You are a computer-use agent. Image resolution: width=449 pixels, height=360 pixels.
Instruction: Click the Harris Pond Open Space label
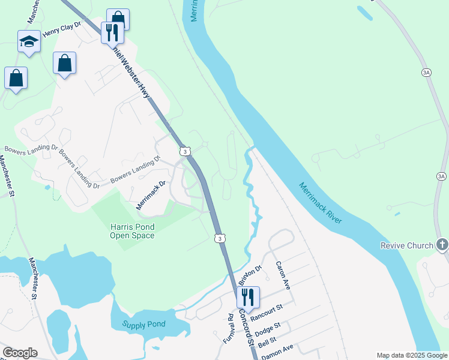click(x=132, y=231)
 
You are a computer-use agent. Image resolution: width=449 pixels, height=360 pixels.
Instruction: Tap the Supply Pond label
click(x=144, y=325)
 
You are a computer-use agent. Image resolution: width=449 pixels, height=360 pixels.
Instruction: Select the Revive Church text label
click(x=406, y=245)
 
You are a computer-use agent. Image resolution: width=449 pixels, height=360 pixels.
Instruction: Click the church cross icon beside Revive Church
click(x=442, y=245)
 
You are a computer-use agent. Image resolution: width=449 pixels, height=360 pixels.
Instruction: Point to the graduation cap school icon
click(x=29, y=42)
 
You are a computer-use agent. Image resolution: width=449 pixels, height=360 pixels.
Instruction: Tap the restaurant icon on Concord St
click(x=247, y=296)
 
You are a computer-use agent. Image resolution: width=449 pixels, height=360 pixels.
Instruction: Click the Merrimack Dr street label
click(x=150, y=194)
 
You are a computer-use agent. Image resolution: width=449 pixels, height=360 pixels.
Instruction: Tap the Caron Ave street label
click(x=283, y=275)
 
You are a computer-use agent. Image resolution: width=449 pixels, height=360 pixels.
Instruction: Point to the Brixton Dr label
click(x=250, y=276)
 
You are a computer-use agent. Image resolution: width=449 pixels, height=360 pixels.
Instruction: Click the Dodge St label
click(x=268, y=329)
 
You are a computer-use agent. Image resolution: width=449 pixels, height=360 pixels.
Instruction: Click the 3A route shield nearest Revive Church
click(x=442, y=176)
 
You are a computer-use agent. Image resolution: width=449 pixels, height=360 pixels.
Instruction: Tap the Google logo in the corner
click(x=20, y=353)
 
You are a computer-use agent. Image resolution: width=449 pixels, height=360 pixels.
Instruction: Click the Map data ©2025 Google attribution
click(x=412, y=355)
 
